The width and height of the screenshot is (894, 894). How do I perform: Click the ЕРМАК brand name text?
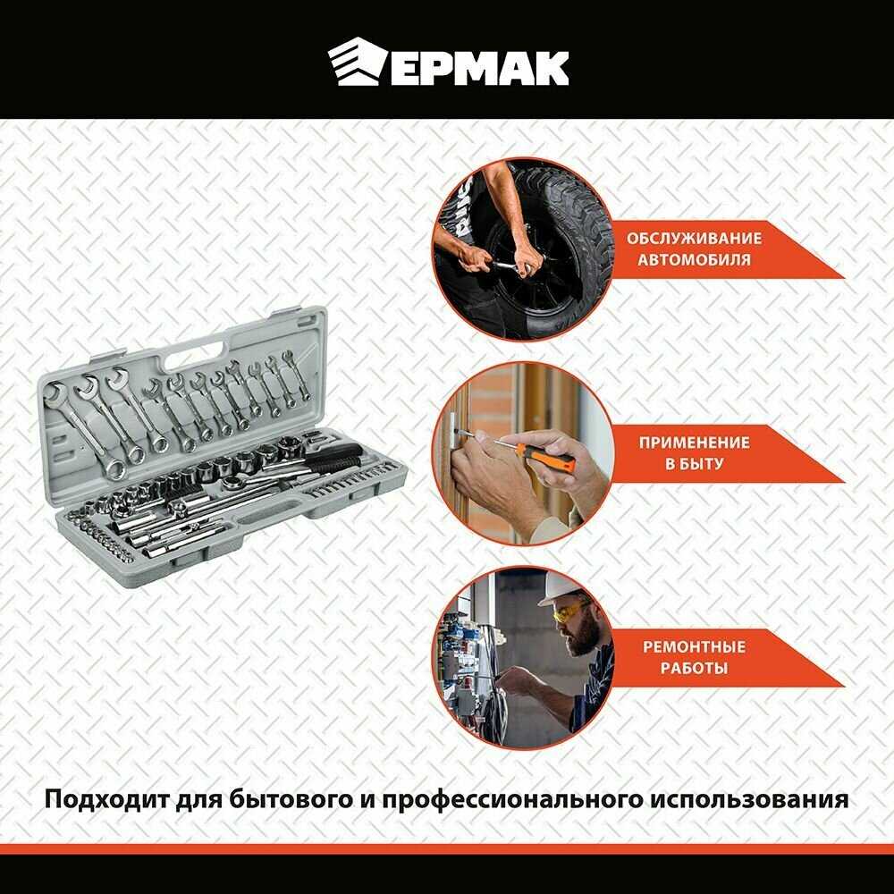(479, 68)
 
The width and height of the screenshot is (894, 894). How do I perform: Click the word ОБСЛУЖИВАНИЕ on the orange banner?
(694, 239)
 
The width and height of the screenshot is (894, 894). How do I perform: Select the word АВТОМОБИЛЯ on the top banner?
(694, 260)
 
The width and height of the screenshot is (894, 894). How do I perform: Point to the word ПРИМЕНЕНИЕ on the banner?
(694, 443)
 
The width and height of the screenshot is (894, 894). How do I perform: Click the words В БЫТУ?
(694, 463)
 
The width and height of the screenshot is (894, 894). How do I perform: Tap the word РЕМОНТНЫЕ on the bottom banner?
(694, 646)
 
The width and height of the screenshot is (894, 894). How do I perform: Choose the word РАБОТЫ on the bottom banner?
(694, 668)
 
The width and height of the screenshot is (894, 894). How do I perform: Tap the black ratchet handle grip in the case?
(333, 456)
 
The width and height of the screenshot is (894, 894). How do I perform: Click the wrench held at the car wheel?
(510, 265)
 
